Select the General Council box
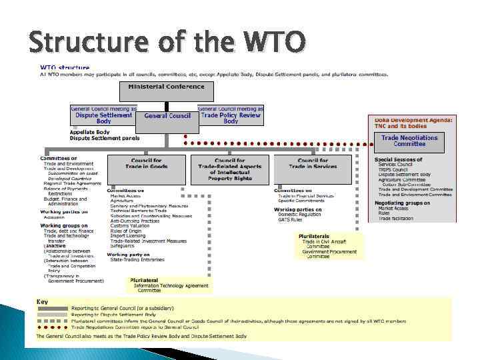(x=167, y=115)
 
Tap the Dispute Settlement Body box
(x=103, y=118)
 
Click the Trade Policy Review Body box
(x=231, y=118)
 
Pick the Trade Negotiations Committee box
(x=409, y=141)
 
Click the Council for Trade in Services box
(x=313, y=163)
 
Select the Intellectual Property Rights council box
(x=230, y=169)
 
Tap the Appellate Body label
(x=89, y=132)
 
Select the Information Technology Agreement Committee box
(x=170, y=285)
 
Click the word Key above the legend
(x=42, y=301)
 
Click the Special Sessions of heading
(x=398, y=159)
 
